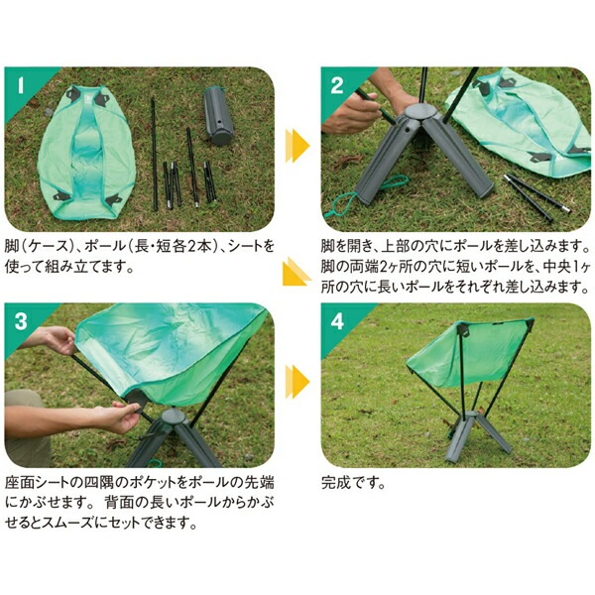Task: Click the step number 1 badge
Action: [x=21, y=85]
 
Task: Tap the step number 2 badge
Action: [x=337, y=85]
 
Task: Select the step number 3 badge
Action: [x=21, y=321]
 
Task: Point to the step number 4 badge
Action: [x=337, y=321]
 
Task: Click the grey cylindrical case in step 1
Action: [x=218, y=116]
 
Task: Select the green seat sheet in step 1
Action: [x=86, y=153]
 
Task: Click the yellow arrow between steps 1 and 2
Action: [x=297, y=146]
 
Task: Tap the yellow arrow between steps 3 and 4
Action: [x=297, y=382]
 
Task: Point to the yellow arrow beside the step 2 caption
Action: [x=297, y=272]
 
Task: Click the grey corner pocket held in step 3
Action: [x=136, y=401]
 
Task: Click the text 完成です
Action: [x=353, y=483]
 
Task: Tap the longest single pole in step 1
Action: [x=154, y=154]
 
